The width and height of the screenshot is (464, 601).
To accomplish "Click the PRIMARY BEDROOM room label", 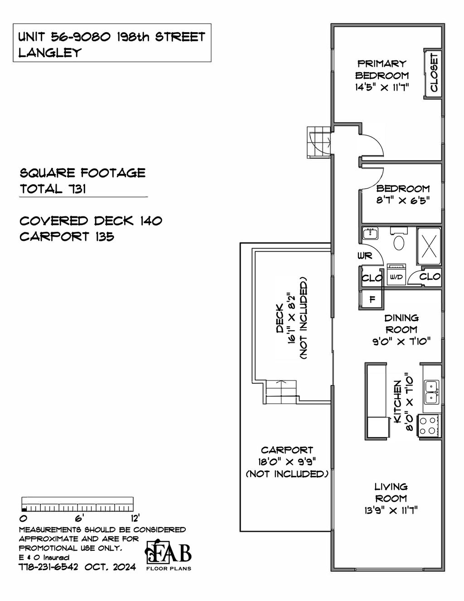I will point(382,69).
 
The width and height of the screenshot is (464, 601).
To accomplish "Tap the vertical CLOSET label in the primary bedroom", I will point(434,73).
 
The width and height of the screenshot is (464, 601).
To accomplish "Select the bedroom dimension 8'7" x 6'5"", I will point(402,200).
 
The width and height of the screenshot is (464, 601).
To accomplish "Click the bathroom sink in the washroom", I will point(371,234).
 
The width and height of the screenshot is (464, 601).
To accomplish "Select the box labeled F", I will point(372,299).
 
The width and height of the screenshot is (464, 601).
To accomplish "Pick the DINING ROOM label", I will point(401,324).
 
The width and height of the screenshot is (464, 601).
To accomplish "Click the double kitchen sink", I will point(431,392).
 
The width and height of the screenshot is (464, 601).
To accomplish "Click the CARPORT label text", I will point(286,450).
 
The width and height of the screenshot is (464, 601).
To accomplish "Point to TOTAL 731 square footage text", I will point(53,189).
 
